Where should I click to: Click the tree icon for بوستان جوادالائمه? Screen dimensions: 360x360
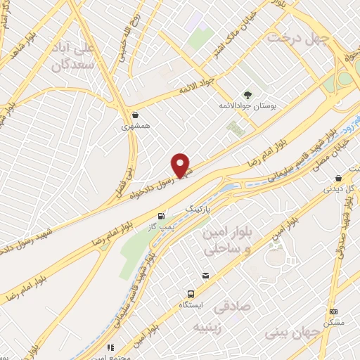247,94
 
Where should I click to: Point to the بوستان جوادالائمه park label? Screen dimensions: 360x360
247,105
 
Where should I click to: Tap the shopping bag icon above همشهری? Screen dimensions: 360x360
135,115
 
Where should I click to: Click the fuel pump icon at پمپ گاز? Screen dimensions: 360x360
162,216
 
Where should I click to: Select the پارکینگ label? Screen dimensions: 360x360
198,210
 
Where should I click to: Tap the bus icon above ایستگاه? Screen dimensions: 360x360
191,294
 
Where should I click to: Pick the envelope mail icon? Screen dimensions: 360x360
206,275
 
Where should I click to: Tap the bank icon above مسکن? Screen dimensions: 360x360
333,311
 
